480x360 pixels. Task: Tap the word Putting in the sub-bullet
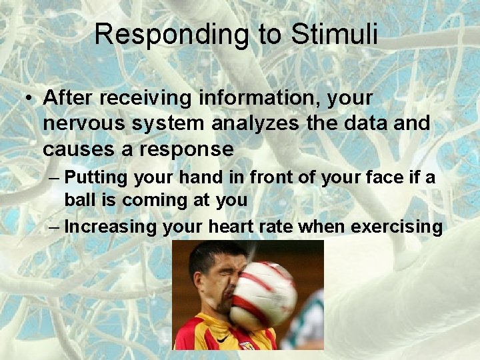97,179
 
